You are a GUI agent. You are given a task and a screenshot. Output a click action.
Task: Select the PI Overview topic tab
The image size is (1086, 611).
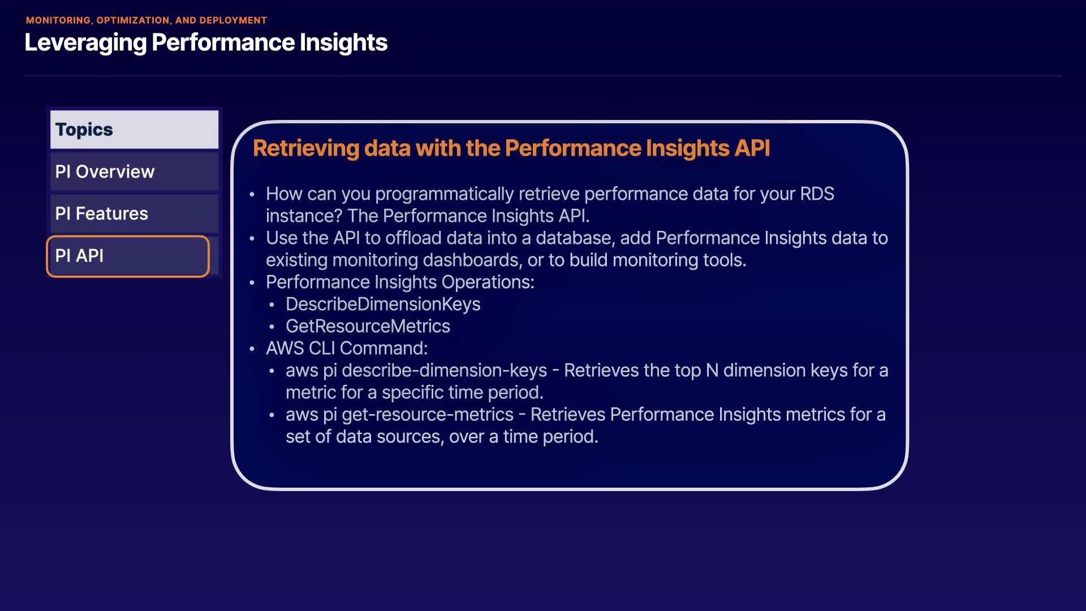click(134, 171)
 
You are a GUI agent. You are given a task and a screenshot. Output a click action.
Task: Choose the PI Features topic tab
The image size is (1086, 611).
click(134, 213)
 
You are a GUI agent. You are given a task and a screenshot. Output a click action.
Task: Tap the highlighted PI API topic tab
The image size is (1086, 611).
click(128, 256)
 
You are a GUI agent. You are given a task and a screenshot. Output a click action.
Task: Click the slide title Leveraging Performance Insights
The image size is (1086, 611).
click(206, 43)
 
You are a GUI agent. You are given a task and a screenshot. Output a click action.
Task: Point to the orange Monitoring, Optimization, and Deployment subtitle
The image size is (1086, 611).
click(146, 20)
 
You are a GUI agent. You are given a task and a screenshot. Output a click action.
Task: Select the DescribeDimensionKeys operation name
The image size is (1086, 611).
click(383, 304)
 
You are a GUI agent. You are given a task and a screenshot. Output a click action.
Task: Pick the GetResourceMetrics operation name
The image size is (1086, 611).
click(368, 326)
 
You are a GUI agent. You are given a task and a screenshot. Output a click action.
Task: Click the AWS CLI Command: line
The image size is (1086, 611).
click(347, 348)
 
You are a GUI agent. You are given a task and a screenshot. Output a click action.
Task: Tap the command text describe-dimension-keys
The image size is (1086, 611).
click(445, 371)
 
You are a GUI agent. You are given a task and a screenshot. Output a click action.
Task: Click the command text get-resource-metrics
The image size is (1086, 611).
click(428, 415)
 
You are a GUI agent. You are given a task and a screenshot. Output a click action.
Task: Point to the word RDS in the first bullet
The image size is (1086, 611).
click(817, 194)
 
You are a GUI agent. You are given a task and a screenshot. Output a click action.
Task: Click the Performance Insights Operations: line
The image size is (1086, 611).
click(400, 282)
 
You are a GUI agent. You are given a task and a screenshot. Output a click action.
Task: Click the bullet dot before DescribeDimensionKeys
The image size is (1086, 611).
click(272, 305)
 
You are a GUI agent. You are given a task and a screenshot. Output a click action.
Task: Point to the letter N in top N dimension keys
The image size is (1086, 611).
click(712, 371)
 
